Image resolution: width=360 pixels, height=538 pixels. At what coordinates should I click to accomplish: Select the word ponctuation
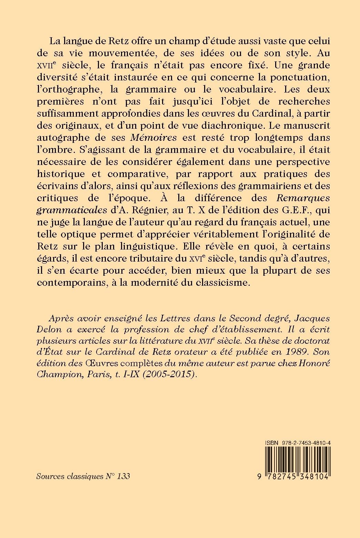click(x=295, y=77)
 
